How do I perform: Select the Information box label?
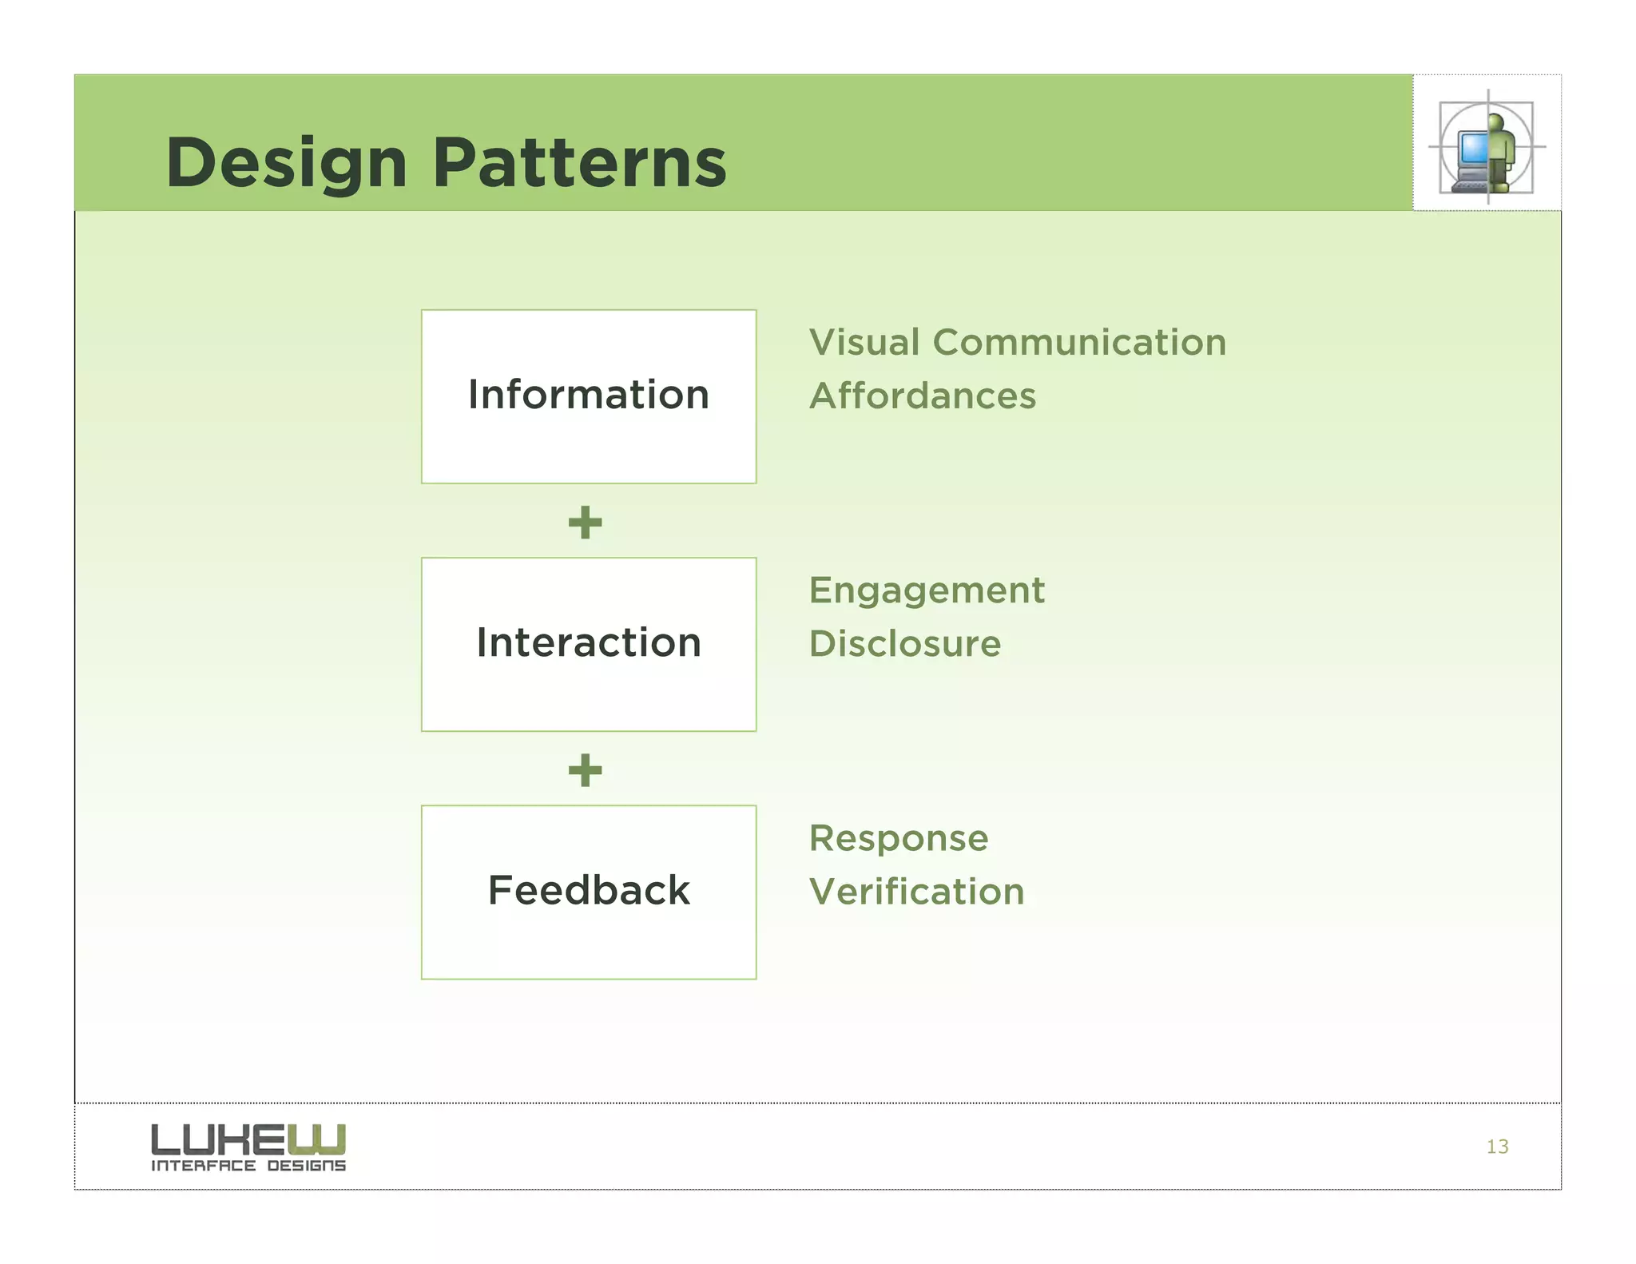[x=589, y=395]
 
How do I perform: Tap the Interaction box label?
[x=589, y=643]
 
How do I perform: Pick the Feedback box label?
[x=589, y=890]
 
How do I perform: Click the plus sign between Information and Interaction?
[x=585, y=523]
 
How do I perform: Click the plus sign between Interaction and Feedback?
[x=585, y=770]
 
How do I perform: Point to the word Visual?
[x=864, y=343]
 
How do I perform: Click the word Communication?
[x=1079, y=343]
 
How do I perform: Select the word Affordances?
[x=923, y=396]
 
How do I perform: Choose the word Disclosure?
[x=904, y=644]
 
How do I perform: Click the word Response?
[x=899, y=839]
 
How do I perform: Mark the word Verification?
[x=916, y=892]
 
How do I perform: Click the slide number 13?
[x=1497, y=1147]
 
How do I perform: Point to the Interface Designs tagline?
[x=248, y=1166]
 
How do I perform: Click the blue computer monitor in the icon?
[x=1472, y=148]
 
